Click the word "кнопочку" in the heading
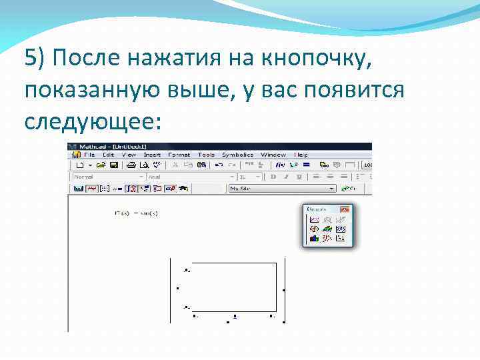314,59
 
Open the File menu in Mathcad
89,155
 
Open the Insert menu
152,155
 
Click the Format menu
179,155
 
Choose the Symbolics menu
237,155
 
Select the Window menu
273,155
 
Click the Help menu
301,155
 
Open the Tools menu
206,155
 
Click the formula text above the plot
136,213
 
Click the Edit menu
108,155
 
